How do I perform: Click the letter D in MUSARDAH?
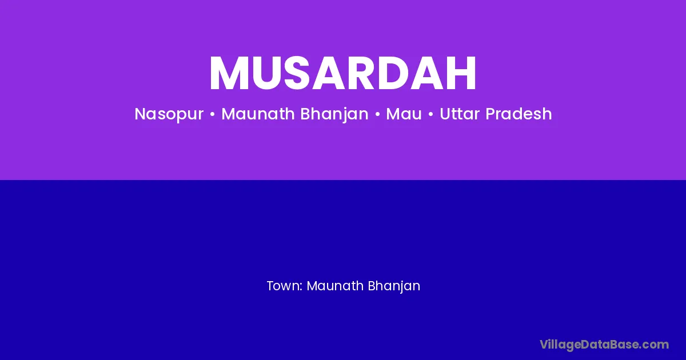396,73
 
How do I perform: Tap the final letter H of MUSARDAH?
461,73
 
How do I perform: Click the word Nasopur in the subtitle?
169,114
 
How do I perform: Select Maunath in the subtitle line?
258,114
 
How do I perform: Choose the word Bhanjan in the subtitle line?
334,114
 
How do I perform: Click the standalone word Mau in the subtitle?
404,114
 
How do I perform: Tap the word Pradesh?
519,114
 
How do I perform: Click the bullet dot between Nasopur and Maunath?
213,114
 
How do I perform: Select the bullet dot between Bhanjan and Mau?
377,114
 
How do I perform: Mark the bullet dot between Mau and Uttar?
431,114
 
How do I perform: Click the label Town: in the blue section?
285,286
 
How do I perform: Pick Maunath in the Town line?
335,286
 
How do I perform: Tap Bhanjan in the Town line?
394,286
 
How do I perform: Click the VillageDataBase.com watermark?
604,345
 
